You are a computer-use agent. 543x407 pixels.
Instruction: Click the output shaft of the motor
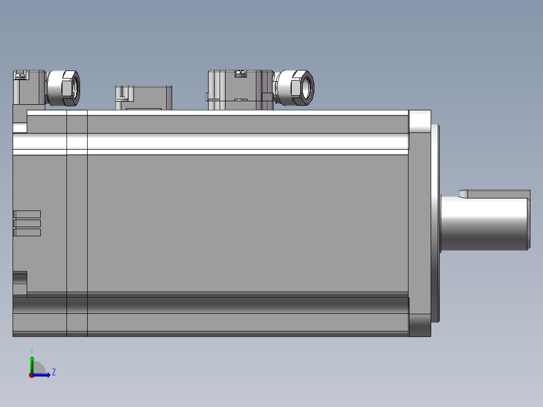click(x=485, y=224)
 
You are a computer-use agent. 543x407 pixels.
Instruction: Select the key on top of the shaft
click(x=495, y=193)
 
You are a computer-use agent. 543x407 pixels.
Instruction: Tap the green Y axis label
click(x=32, y=350)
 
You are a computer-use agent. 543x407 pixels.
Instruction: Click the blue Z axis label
click(x=54, y=372)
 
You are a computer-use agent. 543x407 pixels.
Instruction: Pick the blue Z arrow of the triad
click(x=41, y=375)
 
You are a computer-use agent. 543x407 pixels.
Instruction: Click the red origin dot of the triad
click(x=32, y=375)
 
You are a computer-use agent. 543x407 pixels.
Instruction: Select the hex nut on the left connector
click(x=71, y=88)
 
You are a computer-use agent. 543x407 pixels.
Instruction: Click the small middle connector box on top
click(x=144, y=98)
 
